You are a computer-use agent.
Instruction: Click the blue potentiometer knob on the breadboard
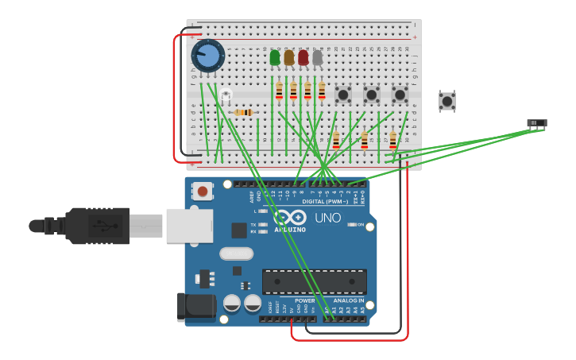208,56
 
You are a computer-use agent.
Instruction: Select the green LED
275,57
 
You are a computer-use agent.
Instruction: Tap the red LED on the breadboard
303,57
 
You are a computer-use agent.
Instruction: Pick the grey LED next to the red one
318,57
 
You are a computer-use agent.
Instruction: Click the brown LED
289,57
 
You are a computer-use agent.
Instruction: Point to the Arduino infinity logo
290,217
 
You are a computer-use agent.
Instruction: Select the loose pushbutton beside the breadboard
447,101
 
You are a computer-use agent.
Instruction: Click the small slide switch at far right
537,123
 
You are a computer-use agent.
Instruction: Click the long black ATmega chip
315,281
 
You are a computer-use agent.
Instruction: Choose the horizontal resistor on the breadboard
245,113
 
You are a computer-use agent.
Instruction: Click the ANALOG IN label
349,301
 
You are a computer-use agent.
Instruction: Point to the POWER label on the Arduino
305,301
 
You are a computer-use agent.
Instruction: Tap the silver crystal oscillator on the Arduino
235,254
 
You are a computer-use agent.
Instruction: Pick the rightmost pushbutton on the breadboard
400,95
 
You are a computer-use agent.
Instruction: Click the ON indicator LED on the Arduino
352,225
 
